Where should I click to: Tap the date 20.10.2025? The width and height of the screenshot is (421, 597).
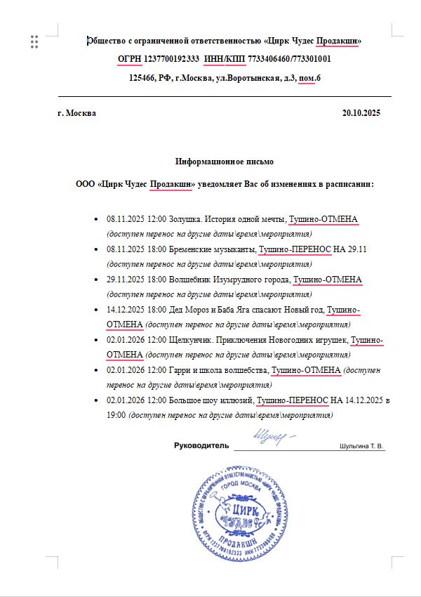361,113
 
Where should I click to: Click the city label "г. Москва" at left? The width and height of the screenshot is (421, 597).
77,113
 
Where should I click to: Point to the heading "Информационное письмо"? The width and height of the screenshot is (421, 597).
225,162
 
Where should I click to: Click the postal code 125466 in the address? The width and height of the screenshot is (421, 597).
143,78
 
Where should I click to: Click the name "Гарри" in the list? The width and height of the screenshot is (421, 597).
180,370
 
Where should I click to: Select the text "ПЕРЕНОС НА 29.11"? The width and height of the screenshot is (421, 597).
330,249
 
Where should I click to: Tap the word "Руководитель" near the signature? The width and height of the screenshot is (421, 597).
201,446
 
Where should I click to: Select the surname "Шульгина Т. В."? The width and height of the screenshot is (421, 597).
362,446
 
